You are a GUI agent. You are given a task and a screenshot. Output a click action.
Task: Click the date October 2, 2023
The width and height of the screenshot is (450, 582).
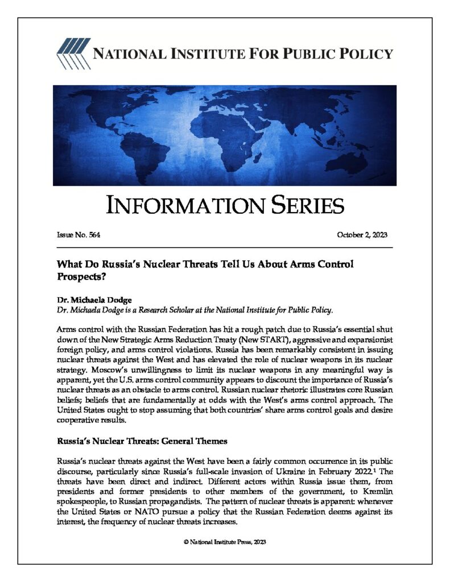pos(362,234)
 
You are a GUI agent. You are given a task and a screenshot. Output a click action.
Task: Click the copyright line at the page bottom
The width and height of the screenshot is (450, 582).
pos(225,542)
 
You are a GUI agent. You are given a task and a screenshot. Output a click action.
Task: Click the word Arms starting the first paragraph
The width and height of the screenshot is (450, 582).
pos(67,330)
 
